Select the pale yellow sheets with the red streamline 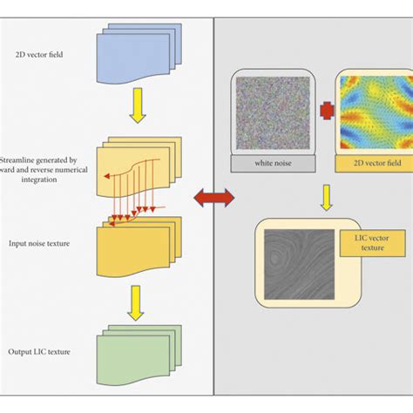tap(139, 166)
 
